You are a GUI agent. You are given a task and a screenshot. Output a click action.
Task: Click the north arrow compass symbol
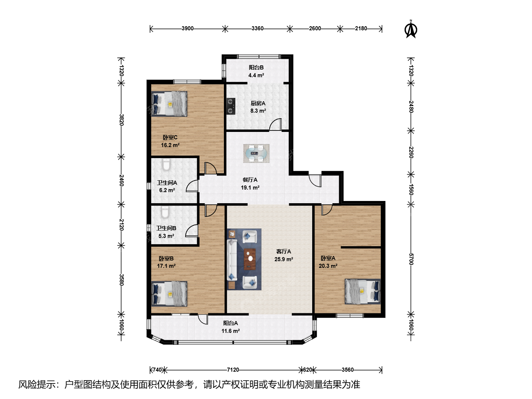pyautogui.click(x=410, y=29)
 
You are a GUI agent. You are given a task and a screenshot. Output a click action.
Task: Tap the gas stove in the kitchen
pyautogui.click(x=231, y=106)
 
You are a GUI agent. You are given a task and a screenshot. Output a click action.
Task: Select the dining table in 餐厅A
pyautogui.click(x=256, y=153)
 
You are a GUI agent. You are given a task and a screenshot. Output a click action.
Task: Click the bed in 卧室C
pyautogui.click(x=169, y=104)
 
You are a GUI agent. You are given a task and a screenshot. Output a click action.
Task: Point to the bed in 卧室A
pyautogui.click(x=362, y=291)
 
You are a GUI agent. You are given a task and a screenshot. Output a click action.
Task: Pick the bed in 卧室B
pyautogui.click(x=169, y=294)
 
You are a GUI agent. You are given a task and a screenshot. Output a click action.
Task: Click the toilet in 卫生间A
pyautogui.click(x=166, y=164)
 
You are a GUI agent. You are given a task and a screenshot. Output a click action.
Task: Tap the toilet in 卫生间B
pyautogui.click(x=166, y=212)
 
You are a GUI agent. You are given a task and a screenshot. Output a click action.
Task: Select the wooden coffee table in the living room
pyautogui.click(x=250, y=259)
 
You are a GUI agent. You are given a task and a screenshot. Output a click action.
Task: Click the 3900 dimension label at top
pyautogui.click(x=188, y=28)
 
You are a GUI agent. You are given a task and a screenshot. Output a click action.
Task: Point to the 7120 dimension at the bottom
pyautogui.click(x=233, y=370)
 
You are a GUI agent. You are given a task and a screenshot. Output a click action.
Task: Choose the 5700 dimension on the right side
pyautogui.click(x=411, y=259)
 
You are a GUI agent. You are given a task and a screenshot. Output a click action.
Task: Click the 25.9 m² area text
pyautogui.click(x=284, y=259)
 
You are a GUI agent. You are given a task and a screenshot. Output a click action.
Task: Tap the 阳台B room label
pyautogui.click(x=256, y=68)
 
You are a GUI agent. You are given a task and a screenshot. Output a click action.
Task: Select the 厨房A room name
pyautogui.click(x=258, y=103)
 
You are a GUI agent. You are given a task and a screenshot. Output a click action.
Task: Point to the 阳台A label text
pyautogui.click(x=231, y=323)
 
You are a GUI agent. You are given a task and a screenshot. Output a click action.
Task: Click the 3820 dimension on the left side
pyautogui.click(x=122, y=120)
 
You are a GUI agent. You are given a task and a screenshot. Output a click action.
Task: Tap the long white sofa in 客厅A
pyautogui.click(x=232, y=260)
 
